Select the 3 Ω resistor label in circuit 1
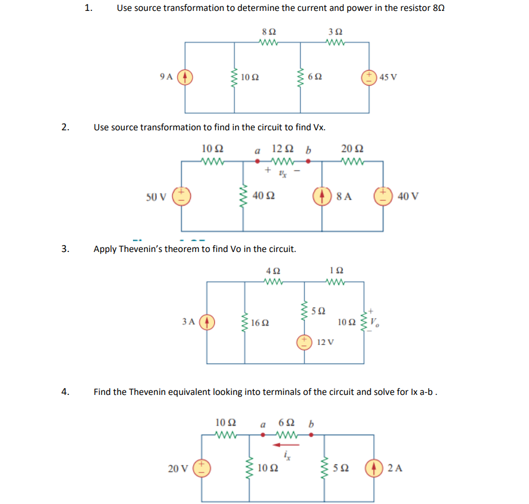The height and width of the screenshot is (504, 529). [335, 32]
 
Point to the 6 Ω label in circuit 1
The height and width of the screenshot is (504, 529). [315, 77]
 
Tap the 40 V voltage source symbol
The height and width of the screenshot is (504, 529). [383, 196]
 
